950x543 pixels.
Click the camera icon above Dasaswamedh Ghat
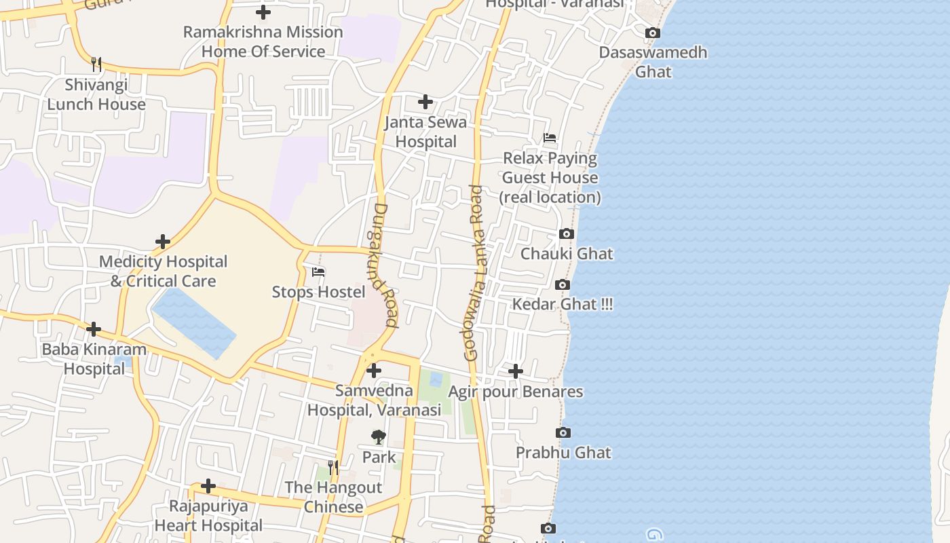652,33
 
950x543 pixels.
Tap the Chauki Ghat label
567,254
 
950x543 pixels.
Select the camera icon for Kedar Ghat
563,285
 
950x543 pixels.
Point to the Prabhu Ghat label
563,453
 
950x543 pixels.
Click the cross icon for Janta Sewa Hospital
425,102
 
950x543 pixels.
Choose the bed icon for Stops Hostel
318,272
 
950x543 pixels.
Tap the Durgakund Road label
385,265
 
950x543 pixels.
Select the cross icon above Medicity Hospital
163,242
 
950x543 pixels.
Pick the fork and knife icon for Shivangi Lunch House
96,64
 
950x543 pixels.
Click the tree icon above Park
379,437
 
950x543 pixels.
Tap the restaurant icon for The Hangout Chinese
333,468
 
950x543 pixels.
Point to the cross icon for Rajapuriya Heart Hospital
208,486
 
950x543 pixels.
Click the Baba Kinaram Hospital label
94,359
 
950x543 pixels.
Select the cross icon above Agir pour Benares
516,371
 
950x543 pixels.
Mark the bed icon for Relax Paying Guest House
550,138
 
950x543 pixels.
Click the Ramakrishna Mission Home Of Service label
263,41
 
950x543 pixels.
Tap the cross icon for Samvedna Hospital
374,371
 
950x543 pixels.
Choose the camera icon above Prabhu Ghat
563,433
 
